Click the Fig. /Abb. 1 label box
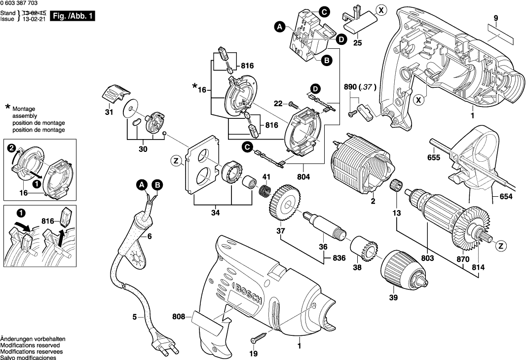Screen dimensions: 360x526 coord(73,17)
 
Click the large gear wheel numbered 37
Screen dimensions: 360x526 coord(285,202)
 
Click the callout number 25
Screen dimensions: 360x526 coord(358,42)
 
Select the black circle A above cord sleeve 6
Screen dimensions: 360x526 coord(142,185)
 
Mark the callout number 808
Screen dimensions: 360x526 coord(178,317)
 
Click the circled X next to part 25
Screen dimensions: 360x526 coord(380,9)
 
